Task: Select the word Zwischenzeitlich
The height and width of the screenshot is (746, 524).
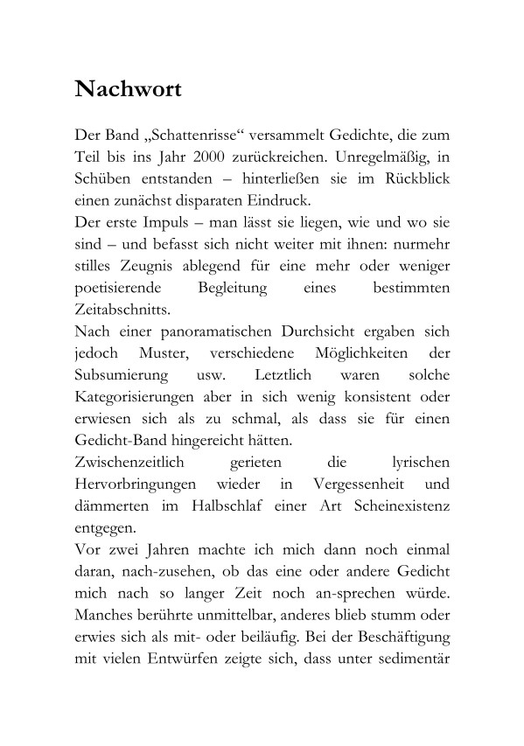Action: (x=128, y=464)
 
